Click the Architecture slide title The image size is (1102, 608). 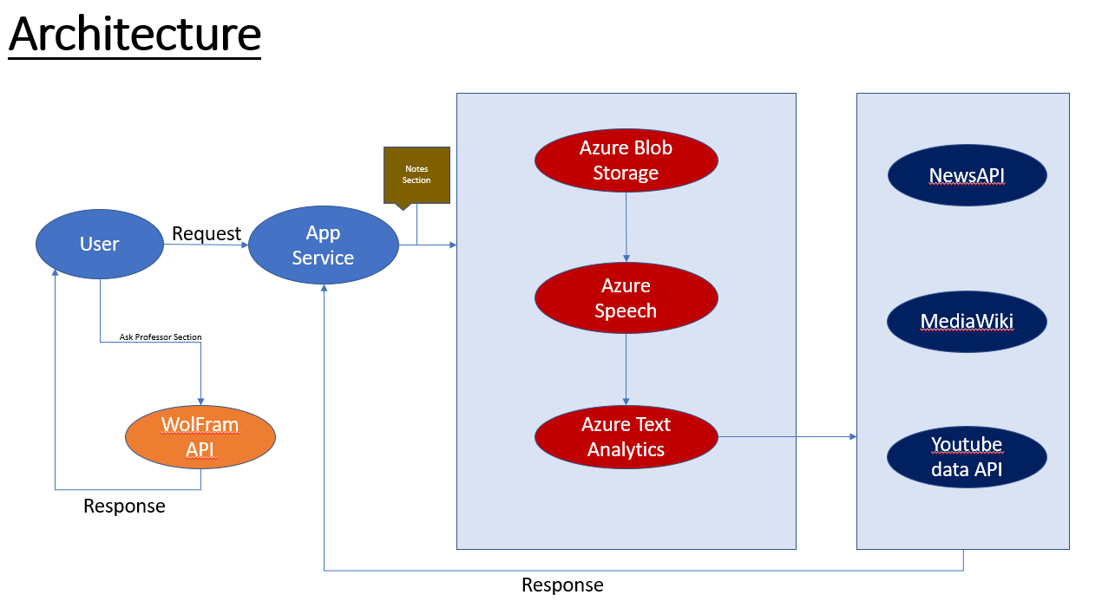[x=134, y=35]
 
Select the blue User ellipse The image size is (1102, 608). [x=100, y=245]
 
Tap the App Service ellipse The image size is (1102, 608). [x=323, y=245]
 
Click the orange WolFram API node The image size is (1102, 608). [x=200, y=436]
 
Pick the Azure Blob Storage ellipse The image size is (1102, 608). [x=626, y=160]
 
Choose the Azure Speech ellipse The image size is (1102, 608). [x=626, y=298]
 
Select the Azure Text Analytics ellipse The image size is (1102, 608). [x=626, y=437]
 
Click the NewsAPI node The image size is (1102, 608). [x=967, y=176]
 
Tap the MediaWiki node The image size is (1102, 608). [x=967, y=322]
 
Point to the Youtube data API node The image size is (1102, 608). [x=967, y=457]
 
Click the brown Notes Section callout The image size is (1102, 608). [x=417, y=175]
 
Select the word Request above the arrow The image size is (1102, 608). [x=207, y=233]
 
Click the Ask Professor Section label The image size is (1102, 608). [x=161, y=337]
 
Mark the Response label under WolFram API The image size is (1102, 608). [x=124, y=507]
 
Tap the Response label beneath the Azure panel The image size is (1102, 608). [x=562, y=585]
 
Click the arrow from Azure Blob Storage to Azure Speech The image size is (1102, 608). [x=626, y=226]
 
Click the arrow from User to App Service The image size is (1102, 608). [x=207, y=245]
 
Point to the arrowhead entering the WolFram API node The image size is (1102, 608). [x=200, y=400]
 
